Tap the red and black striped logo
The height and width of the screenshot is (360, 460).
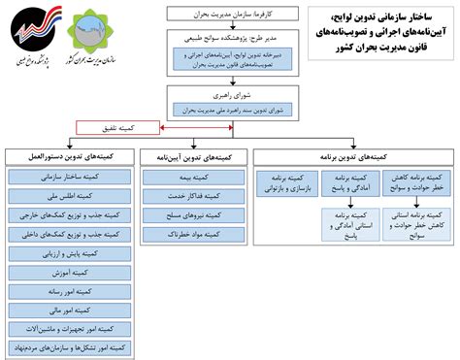click(32, 34)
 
